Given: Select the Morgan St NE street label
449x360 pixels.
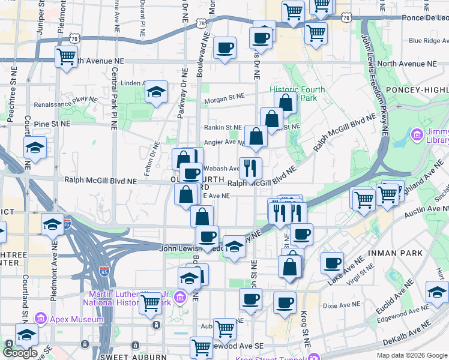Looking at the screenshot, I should [224, 96].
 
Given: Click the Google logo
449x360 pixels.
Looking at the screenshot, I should [20, 353].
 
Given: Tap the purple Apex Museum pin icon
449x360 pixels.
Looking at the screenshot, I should [41, 317].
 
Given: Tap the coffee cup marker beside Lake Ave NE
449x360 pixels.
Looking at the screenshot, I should [331, 262].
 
